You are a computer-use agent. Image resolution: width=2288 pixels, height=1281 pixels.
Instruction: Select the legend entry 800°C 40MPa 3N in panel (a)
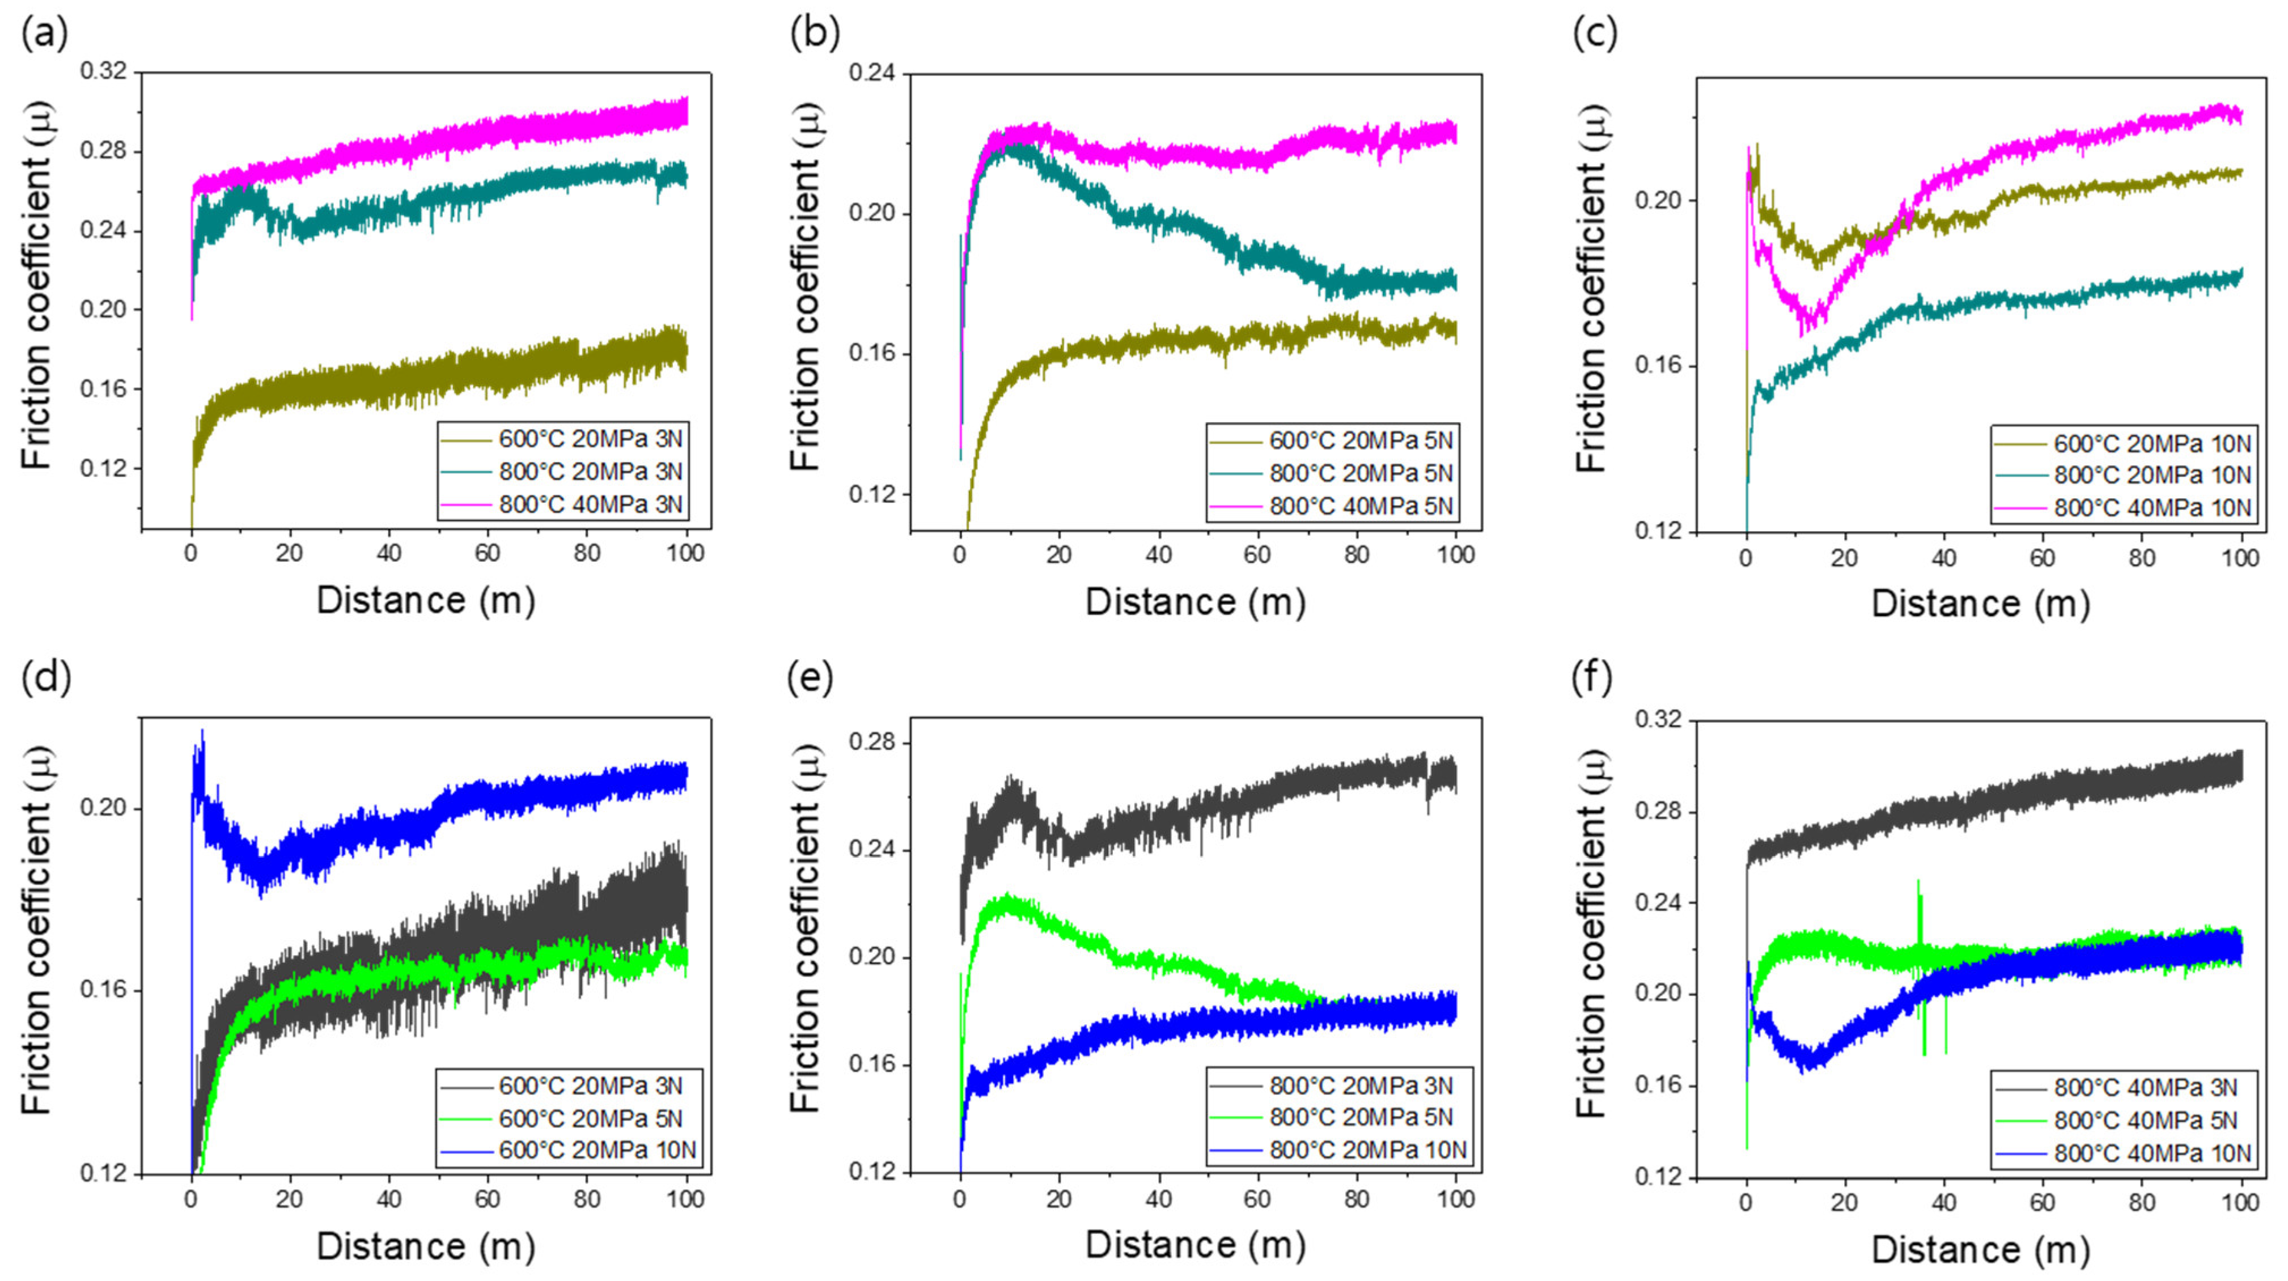click(590, 504)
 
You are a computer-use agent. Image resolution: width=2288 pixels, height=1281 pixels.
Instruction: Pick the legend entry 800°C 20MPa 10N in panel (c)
click(2152, 475)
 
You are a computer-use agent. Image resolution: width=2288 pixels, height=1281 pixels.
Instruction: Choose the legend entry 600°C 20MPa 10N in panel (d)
click(597, 1151)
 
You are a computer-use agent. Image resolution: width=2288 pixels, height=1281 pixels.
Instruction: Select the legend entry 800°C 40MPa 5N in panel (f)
click(2145, 1120)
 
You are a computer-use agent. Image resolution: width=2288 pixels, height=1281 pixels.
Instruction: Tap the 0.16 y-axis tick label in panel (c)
click(1658, 366)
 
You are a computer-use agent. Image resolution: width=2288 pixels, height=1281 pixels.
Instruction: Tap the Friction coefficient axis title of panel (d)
click(37, 931)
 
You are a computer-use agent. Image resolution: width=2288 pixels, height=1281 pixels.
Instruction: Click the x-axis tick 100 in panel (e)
click(1455, 1199)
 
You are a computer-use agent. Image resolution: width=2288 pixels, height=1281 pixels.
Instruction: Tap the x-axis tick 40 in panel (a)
click(388, 553)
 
